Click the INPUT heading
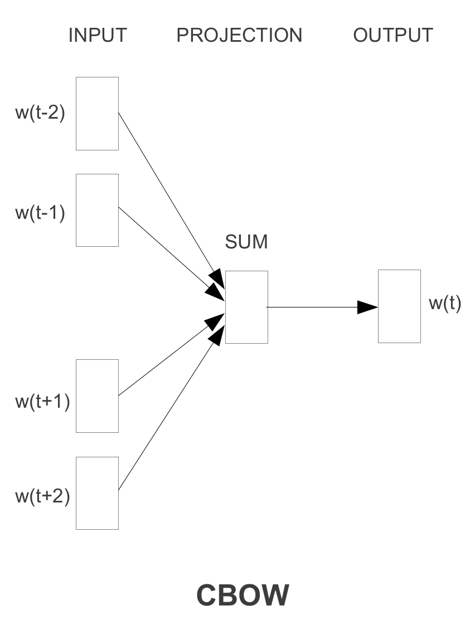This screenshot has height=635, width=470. (98, 35)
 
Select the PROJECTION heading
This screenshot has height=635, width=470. (239, 35)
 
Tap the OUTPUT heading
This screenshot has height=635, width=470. (393, 35)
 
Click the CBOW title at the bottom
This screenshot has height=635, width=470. (243, 595)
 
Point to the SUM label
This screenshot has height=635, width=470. (246, 242)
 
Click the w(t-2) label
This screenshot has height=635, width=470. (40, 113)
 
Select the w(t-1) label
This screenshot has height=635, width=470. (40, 212)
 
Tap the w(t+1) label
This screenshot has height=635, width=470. (42, 401)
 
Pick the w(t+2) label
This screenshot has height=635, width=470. (42, 496)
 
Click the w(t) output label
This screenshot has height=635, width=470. (445, 304)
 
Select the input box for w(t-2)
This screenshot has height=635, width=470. (97, 114)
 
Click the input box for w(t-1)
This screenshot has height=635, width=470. (97, 210)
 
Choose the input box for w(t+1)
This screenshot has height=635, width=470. (97, 396)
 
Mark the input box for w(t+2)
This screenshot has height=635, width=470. (97, 493)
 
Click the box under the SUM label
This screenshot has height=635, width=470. (246, 307)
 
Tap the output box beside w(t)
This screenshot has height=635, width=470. (399, 306)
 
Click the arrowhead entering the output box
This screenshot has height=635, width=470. (368, 307)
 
